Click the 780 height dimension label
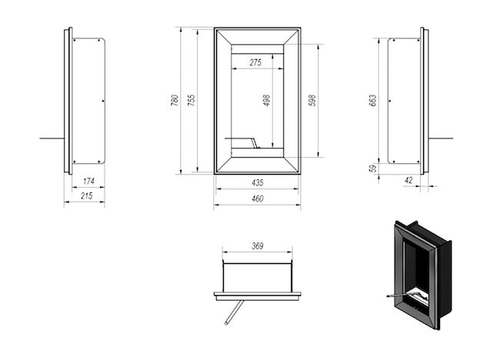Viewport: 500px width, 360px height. [175, 100]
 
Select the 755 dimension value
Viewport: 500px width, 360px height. [192, 100]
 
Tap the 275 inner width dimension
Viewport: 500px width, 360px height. [257, 63]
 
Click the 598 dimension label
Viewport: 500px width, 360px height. [312, 100]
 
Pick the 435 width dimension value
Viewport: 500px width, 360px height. [257, 183]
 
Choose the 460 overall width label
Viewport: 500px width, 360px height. [257, 199]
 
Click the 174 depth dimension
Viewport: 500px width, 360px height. [88, 182]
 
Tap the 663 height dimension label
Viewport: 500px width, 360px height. [373, 100]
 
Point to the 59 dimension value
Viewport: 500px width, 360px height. [373, 168]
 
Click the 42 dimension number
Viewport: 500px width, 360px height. [408, 181]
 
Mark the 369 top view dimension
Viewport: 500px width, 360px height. [257, 246]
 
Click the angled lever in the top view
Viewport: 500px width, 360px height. [234, 312]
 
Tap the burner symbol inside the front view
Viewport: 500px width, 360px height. [248, 142]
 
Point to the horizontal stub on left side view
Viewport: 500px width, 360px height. [52, 138]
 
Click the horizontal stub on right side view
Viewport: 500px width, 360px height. [441, 138]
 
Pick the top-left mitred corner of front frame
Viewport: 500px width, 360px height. [223, 36]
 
